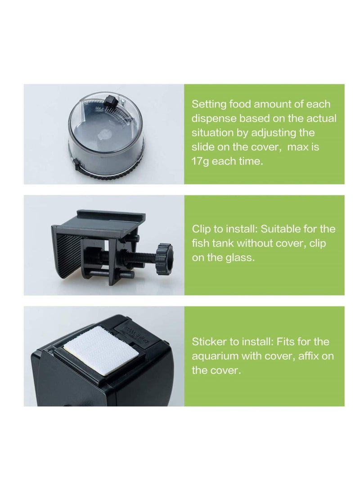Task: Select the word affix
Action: (310, 356)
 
